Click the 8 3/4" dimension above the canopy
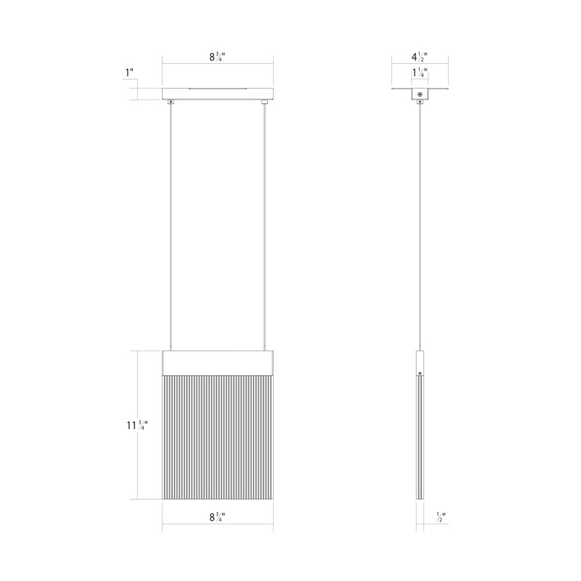(x=217, y=57)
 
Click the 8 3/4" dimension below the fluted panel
(x=217, y=517)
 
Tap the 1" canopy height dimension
(x=131, y=73)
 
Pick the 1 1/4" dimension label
(x=419, y=72)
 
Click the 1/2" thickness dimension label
(x=440, y=517)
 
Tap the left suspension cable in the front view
(x=171, y=225)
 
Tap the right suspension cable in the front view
(x=264, y=225)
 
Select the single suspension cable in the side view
(x=419, y=225)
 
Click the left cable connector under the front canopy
(x=171, y=102)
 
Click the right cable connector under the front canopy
(x=264, y=102)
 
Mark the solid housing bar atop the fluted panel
(x=217, y=361)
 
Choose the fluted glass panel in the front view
(x=217, y=436)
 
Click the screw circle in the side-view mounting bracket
(x=419, y=95)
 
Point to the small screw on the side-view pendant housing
(x=419, y=373)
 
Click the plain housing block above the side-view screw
(x=419, y=360)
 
